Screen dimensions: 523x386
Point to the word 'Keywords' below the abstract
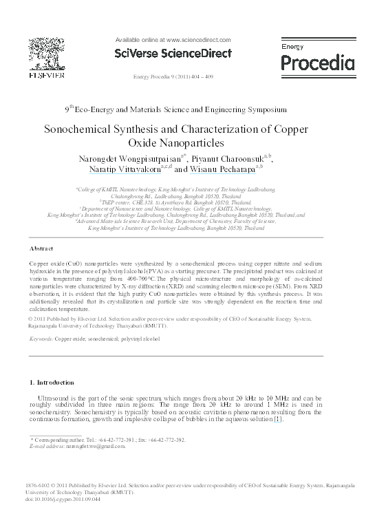(41, 339)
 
